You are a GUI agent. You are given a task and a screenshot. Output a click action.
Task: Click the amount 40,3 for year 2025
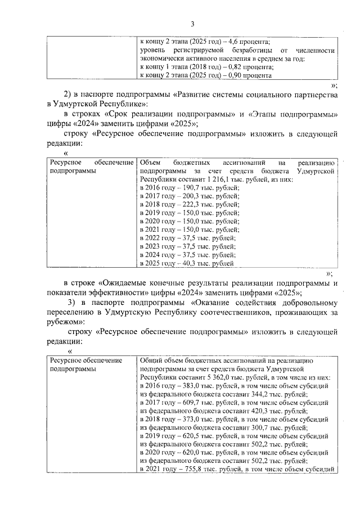click(187, 263)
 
